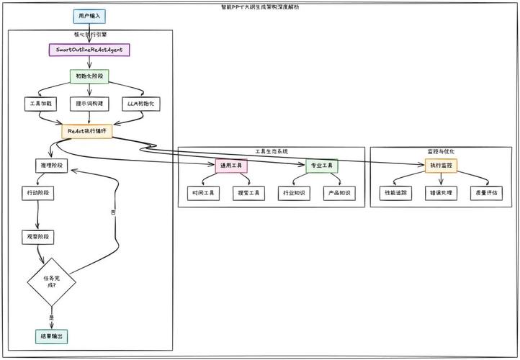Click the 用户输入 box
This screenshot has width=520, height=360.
tap(90, 15)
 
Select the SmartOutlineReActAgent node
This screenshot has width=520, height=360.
tap(89, 50)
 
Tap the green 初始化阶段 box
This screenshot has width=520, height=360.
tap(89, 76)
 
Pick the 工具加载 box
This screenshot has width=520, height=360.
tap(39, 103)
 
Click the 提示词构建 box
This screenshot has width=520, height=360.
tap(89, 103)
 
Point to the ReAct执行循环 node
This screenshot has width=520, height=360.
tap(86, 131)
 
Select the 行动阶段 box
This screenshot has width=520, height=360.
tap(39, 193)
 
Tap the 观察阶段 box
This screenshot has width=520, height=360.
tap(39, 235)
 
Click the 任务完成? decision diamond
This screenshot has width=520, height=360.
tap(50, 281)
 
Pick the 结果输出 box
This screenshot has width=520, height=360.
tap(50, 336)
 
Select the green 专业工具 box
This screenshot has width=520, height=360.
tap(321, 166)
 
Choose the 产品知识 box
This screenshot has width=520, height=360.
tap(340, 193)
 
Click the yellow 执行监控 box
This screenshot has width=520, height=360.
tap(441, 166)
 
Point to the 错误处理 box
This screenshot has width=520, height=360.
tap(440, 193)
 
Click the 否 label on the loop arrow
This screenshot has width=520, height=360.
tap(112, 213)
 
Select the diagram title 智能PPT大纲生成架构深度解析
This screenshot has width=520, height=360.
tap(261, 6)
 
